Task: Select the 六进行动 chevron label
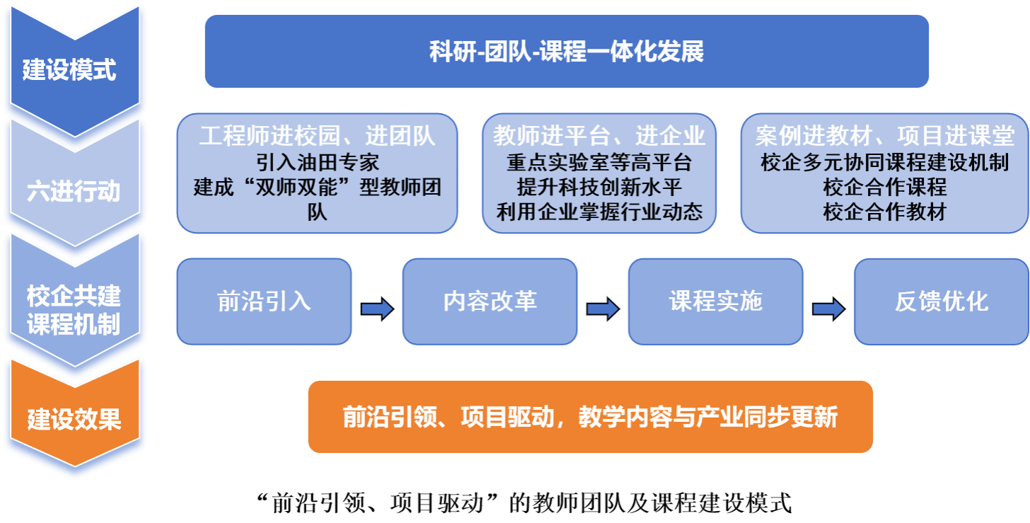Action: pos(74,191)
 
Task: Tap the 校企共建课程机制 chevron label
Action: pos(74,309)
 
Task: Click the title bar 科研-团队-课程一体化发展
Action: pos(566,52)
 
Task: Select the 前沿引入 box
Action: pos(264,301)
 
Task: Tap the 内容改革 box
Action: pos(490,301)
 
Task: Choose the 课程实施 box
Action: pos(715,301)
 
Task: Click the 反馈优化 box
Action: pos(941,301)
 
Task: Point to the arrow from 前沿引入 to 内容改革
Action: pos(377,309)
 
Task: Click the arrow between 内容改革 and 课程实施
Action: pos(603,309)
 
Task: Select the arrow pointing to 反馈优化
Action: pos(828,309)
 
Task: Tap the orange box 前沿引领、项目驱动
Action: pos(590,417)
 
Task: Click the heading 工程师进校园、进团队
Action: pos(317,136)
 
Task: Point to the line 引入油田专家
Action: pos(318,162)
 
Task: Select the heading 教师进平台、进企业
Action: pos(599,136)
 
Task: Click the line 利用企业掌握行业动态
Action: pos(599,212)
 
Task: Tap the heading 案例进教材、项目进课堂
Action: pos(884,136)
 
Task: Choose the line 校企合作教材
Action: pos(884,212)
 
